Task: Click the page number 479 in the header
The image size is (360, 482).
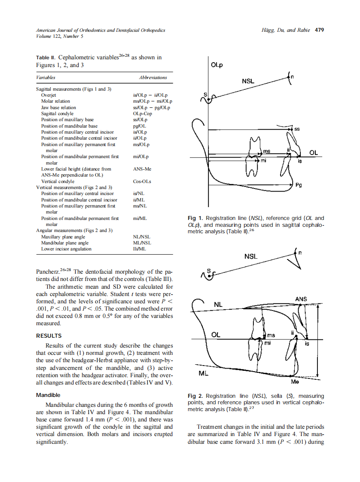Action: point(319,30)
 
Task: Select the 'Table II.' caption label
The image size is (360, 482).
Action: point(46,57)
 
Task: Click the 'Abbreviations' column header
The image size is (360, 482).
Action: point(153,77)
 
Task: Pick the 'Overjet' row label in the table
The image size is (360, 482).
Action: point(49,95)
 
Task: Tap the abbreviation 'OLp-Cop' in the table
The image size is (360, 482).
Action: point(142,113)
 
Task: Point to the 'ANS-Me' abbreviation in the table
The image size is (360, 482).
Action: point(142,169)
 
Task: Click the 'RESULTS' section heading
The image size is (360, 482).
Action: point(49,336)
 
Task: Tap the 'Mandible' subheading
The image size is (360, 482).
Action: point(48,395)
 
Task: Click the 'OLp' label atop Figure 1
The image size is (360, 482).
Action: point(217,65)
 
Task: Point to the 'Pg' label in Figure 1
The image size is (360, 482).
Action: point(299,185)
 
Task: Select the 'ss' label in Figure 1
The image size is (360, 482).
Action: point(297,128)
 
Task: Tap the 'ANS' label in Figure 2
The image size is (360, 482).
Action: point(301,299)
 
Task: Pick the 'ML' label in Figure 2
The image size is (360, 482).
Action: point(204,373)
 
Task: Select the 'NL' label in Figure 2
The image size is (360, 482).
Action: point(218,304)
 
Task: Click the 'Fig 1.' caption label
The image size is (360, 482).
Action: point(195,218)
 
